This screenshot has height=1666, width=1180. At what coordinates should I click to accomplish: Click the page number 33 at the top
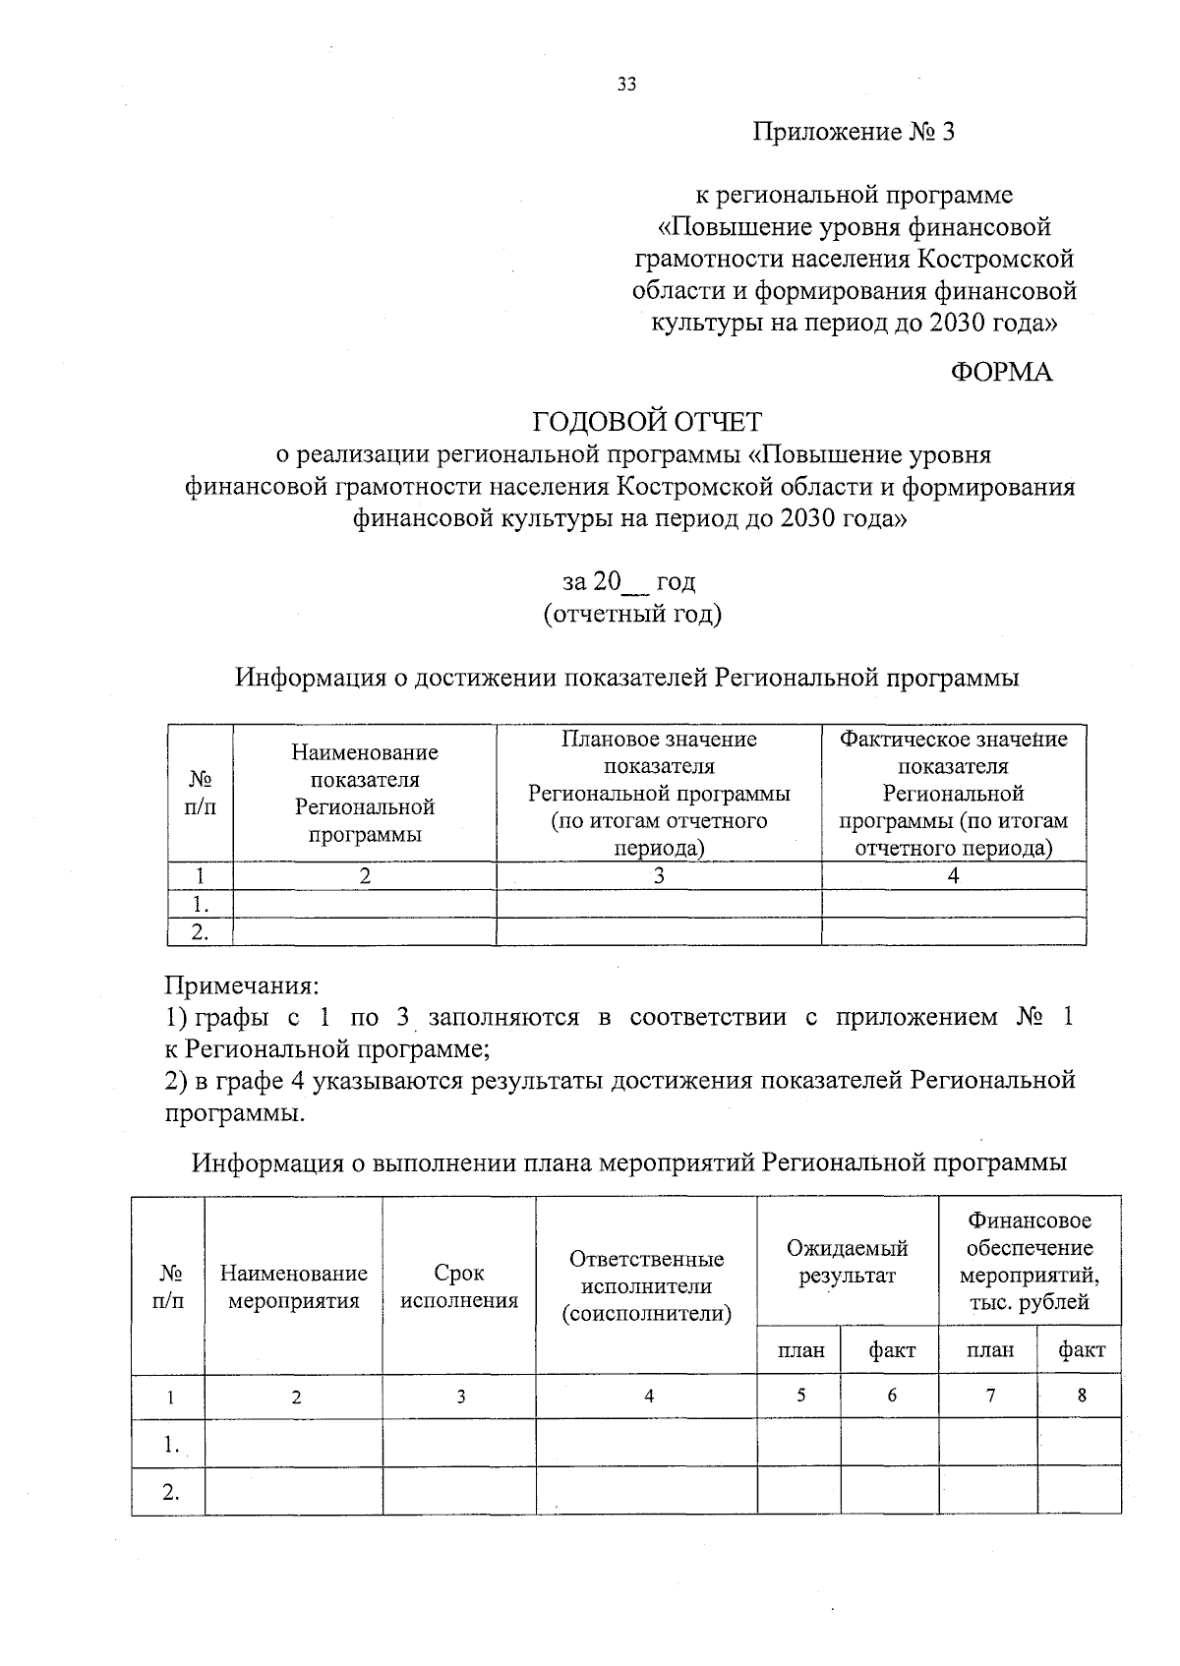pyautogui.click(x=626, y=85)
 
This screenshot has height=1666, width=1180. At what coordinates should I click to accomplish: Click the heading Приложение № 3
pyautogui.click(x=854, y=132)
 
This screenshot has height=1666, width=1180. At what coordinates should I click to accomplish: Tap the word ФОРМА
pyautogui.click(x=1001, y=373)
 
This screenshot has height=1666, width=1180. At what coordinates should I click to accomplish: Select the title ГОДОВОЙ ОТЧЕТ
pyautogui.click(x=647, y=422)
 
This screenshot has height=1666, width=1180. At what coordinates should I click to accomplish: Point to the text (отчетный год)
pyautogui.click(x=632, y=615)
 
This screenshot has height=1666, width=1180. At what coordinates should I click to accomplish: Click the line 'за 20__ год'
pyautogui.click(x=629, y=582)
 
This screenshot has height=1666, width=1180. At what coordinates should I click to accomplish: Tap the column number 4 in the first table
pyautogui.click(x=953, y=876)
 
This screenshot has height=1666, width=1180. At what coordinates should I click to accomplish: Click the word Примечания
pyautogui.click(x=241, y=984)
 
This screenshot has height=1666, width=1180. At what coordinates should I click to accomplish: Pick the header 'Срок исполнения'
pyautogui.click(x=459, y=1286)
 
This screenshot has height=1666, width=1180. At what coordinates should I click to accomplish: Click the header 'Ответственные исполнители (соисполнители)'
pyautogui.click(x=646, y=1286)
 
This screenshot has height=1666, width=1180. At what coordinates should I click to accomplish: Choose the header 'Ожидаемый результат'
pyautogui.click(x=847, y=1262)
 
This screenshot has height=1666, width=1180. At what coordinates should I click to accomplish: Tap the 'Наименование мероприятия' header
pyautogui.click(x=293, y=1286)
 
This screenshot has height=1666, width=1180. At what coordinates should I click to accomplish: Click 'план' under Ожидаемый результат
pyautogui.click(x=800, y=1350)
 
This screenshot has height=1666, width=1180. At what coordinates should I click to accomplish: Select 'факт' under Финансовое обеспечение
pyautogui.click(x=1081, y=1350)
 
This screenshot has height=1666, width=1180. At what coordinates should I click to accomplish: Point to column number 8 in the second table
pyautogui.click(x=1081, y=1395)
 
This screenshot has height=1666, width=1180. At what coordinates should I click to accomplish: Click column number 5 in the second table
pyautogui.click(x=800, y=1395)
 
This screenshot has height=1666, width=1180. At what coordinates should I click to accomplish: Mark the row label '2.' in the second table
pyautogui.click(x=171, y=1491)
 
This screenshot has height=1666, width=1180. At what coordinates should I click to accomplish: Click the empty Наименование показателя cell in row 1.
pyautogui.click(x=364, y=904)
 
